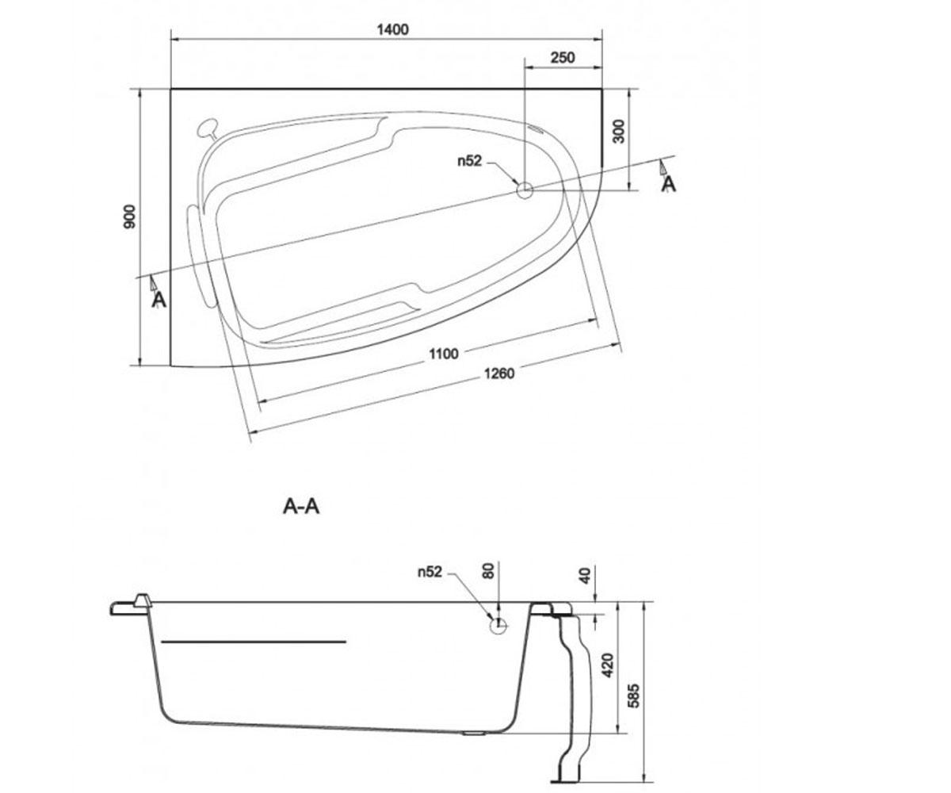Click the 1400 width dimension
pyautogui.click(x=392, y=29)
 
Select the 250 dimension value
pyautogui.click(x=563, y=57)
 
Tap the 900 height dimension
pyautogui.click(x=130, y=217)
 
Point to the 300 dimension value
pyautogui.click(x=620, y=132)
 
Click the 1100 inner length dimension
pyautogui.click(x=444, y=354)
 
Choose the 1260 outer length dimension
pyautogui.click(x=498, y=374)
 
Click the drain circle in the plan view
pyautogui.click(x=525, y=190)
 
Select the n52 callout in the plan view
pyautogui.click(x=469, y=161)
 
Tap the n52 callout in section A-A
pyautogui.click(x=430, y=572)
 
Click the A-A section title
pyautogui.click(x=301, y=507)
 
